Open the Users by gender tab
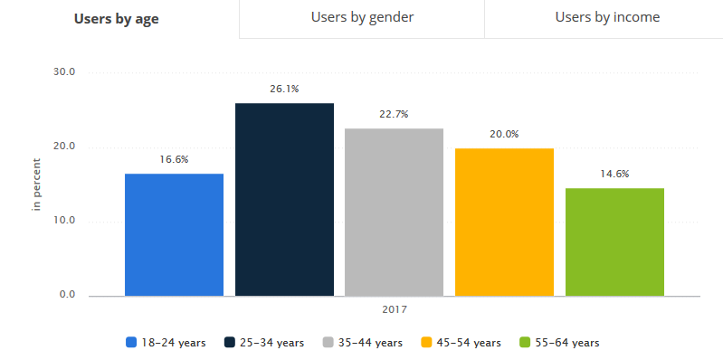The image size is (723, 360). pos(362,17)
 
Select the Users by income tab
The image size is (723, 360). pos(607,17)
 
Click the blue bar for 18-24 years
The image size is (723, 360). pos(174,234)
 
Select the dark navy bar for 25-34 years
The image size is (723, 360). pos(284,199)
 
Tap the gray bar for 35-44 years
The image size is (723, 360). pos(395,212)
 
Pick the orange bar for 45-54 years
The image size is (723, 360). pos(504,222)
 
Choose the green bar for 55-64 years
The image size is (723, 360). pos(614,242)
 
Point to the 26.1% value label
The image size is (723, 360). pos(284,89)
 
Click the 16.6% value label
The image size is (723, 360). pos(174,159)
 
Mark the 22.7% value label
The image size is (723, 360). pos(395,114)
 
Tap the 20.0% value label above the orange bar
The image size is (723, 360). pos(504,134)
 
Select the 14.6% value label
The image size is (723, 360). pos(614,174)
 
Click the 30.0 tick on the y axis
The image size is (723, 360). pos(67,72)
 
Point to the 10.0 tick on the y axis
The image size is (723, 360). pos(67,221)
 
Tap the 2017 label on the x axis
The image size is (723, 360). pos(394,309)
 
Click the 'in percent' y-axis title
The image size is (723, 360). pos(37,185)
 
